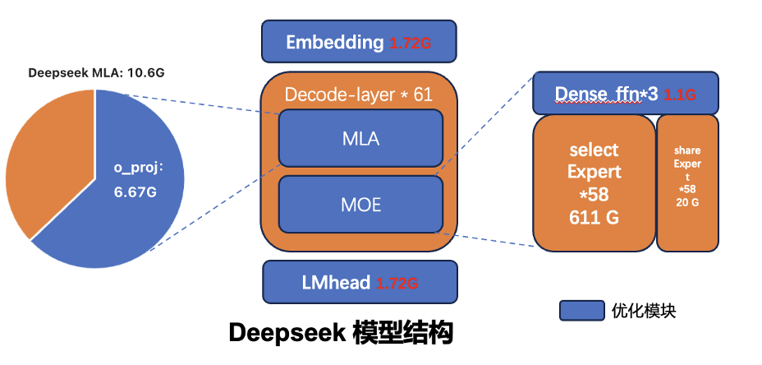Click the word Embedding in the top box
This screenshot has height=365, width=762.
(x=334, y=42)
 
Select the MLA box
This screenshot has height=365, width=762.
(x=360, y=139)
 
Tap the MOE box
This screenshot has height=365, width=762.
(x=360, y=204)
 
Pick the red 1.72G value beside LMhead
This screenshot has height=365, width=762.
(x=397, y=283)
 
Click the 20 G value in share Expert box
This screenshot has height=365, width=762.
(x=687, y=201)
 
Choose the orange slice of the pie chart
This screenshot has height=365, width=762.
(x=49, y=156)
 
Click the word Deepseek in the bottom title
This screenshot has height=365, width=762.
(x=285, y=333)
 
